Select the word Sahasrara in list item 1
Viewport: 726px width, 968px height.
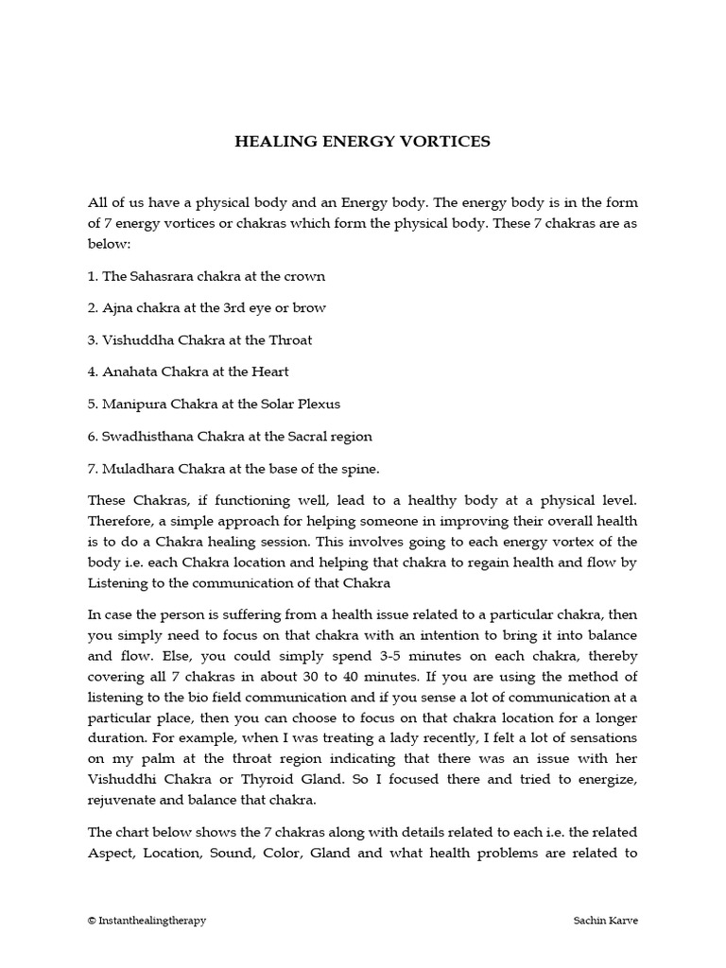162,276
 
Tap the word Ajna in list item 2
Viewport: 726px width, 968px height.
116,308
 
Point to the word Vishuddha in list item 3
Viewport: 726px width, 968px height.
134,340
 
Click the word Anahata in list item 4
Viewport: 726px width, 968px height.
131,372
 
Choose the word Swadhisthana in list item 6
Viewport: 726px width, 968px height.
147,437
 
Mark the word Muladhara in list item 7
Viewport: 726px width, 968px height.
134,469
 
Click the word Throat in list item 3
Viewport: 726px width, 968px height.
291,340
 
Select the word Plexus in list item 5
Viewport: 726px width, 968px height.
318,405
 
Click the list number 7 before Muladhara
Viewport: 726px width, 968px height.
92,469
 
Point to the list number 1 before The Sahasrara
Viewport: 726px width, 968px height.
92,276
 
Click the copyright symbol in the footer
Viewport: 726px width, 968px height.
92,920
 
